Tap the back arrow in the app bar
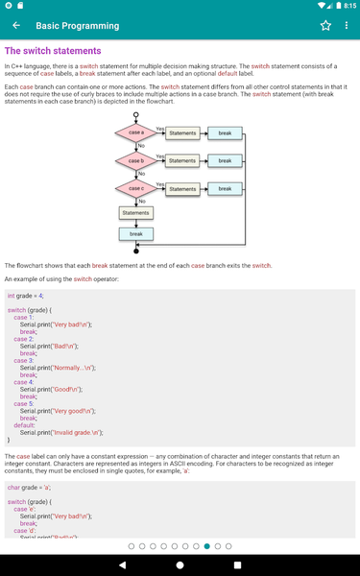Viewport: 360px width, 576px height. coord(16,26)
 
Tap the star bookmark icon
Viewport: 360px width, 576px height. coord(325,26)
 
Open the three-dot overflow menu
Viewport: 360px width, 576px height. coord(347,26)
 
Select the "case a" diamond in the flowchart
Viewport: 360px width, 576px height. coord(136,132)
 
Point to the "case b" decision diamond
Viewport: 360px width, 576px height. coord(136,160)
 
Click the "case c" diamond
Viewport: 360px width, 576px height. coord(136,189)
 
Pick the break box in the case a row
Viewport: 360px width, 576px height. coord(225,132)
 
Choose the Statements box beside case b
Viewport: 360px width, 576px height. coord(182,160)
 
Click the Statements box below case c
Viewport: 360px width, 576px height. coord(136,213)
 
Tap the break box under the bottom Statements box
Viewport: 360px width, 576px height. coord(136,233)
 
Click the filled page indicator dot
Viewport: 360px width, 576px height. coord(206,545)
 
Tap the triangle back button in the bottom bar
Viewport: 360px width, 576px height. coord(121,564)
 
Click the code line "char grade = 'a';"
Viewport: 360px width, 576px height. coord(30,488)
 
